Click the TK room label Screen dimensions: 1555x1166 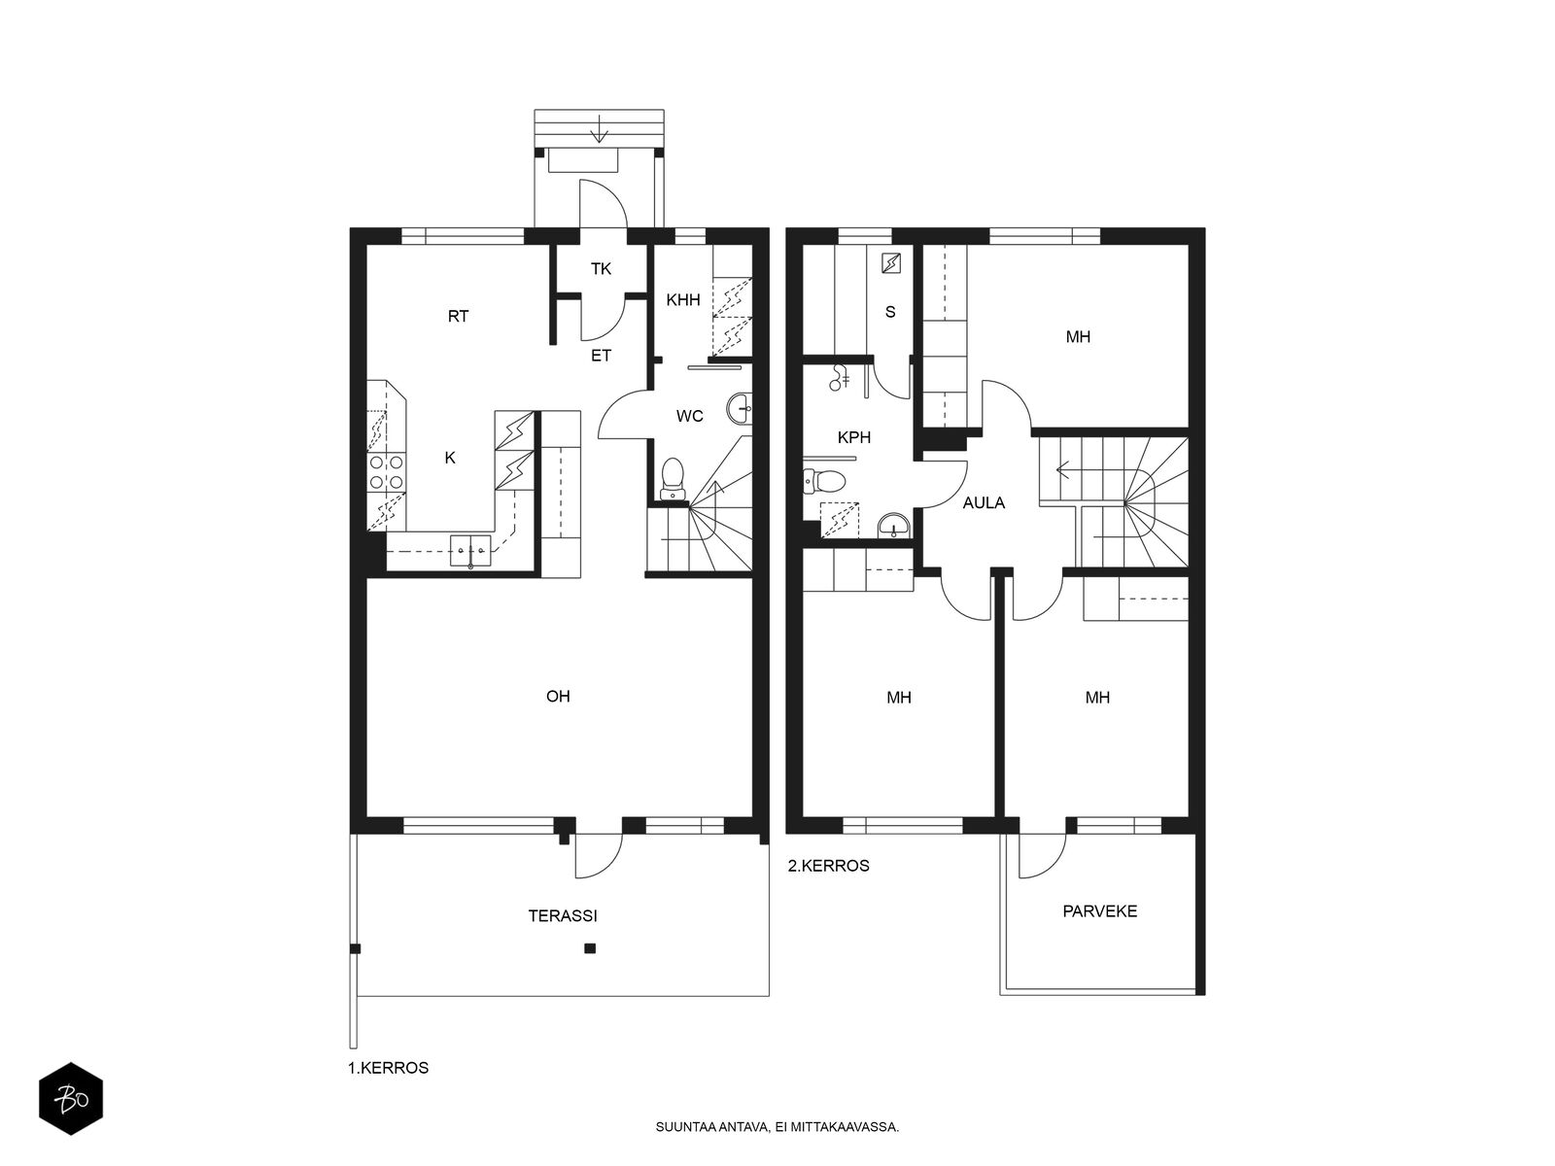click(601, 269)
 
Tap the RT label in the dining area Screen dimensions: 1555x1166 click(459, 317)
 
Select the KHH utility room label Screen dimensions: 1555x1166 click(683, 300)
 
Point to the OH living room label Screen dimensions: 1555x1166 click(558, 697)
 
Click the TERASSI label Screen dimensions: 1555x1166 click(563, 916)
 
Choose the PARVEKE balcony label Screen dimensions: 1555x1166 click(1099, 911)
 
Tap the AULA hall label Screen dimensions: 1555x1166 click(984, 503)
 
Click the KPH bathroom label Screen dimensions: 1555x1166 click(854, 437)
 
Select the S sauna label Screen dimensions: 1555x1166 click(890, 312)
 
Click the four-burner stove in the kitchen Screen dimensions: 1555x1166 click(386, 472)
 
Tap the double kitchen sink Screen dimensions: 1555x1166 click(470, 552)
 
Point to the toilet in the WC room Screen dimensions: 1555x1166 click(671, 478)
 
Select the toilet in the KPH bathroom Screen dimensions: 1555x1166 click(824, 481)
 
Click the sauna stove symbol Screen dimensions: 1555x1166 click(891, 263)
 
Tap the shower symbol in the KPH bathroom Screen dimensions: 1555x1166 click(840, 377)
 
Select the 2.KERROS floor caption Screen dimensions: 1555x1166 click(829, 866)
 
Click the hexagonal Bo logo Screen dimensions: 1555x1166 click(71, 1099)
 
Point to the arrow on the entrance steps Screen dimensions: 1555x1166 click(600, 129)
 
